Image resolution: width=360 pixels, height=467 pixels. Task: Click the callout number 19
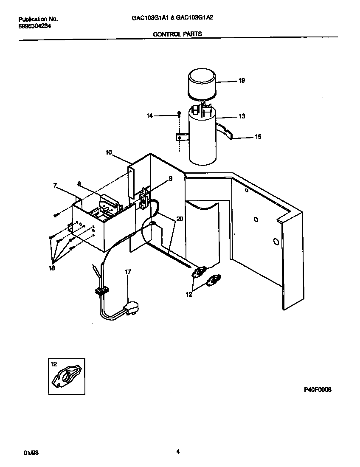tap(241, 80)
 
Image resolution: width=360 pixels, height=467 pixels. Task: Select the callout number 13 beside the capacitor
tap(241, 116)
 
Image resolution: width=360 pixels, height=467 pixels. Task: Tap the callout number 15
tap(258, 137)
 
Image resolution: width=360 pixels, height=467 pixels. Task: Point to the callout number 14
tap(149, 115)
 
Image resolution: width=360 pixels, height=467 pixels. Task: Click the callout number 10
tap(109, 152)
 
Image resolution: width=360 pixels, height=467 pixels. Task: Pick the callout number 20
tap(180, 219)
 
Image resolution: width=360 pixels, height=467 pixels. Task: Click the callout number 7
tap(55, 185)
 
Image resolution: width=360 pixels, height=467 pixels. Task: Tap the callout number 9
tap(170, 179)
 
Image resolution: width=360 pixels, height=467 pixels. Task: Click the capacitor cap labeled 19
tap(202, 83)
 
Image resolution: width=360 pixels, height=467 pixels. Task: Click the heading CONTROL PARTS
tap(177, 34)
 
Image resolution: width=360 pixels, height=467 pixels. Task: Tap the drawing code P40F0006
tap(318, 389)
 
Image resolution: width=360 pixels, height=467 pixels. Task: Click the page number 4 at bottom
tap(178, 452)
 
